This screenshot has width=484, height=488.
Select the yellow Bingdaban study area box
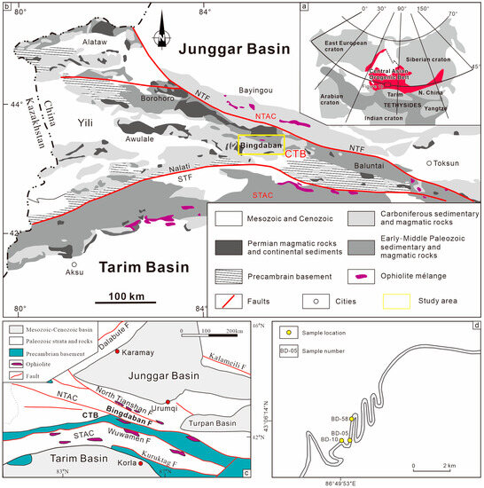pyautogui.click(x=261, y=146)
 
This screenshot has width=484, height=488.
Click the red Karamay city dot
pyautogui.click(x=118, y=352)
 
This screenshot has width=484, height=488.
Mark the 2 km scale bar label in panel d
pyautogui.click(x=449, y=466)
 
